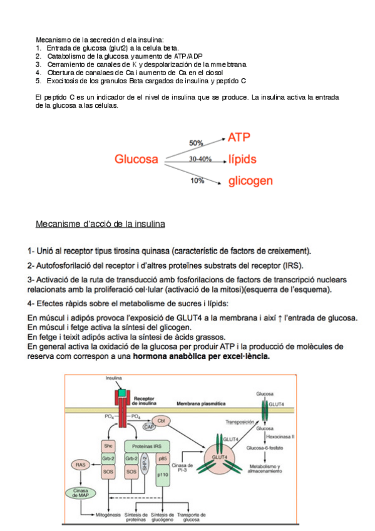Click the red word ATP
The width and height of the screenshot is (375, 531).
pos(242,137)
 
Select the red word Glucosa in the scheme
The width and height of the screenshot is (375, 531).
pos(136,159)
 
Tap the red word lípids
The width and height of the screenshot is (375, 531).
pos(242,159)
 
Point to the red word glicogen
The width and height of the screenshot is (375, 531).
pos(250,181)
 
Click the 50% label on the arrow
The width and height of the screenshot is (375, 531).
pos(196,143)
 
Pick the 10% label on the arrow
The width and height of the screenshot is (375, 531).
pos(197,180)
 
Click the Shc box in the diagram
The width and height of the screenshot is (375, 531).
pos(108,445)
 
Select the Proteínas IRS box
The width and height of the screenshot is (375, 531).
pos(143,445)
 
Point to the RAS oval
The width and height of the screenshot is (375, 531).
pos(80,465)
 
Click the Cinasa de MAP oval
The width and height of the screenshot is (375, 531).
pos(80,492)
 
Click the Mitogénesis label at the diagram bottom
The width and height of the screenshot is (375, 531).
pos(100,516)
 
